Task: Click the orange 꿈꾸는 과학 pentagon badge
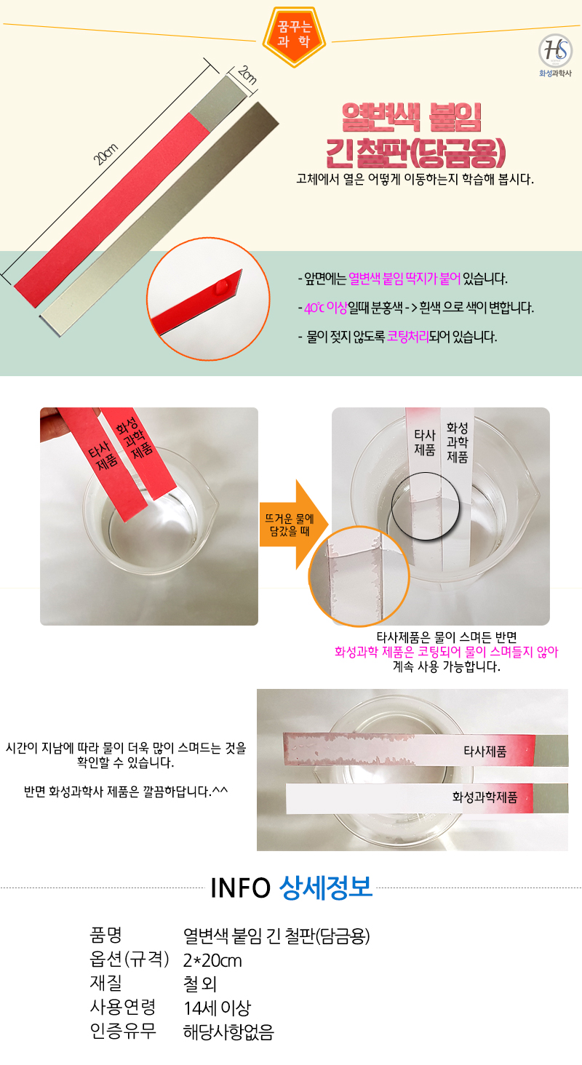click(x=294, y=36)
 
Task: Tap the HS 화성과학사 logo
click(x=555, y=55)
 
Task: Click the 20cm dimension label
click(x=105, y=154)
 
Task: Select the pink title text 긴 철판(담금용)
click(x=415, y=153)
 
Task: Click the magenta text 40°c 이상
click(x=326, y=308)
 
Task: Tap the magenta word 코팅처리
click(x=407, y=337)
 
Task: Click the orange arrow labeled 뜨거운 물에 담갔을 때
click(x=294, y=524)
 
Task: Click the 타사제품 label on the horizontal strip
click(x=485, y=751)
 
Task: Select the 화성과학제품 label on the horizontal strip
click(x=485, y=797)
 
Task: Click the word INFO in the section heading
click(x=241, y=887)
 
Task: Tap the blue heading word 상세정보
click(x=326, y=887)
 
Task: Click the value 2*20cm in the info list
click(x=212, y=960)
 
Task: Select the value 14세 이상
click(x=217, y=1008)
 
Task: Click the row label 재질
click(x=106, y=983)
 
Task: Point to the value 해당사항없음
click(x=228, y=1032)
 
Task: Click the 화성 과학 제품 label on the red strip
click(x=135, y=438)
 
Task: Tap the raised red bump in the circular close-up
click(x=222, y=286)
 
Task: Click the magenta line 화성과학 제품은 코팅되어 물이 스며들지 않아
click(x=446, y=651)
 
